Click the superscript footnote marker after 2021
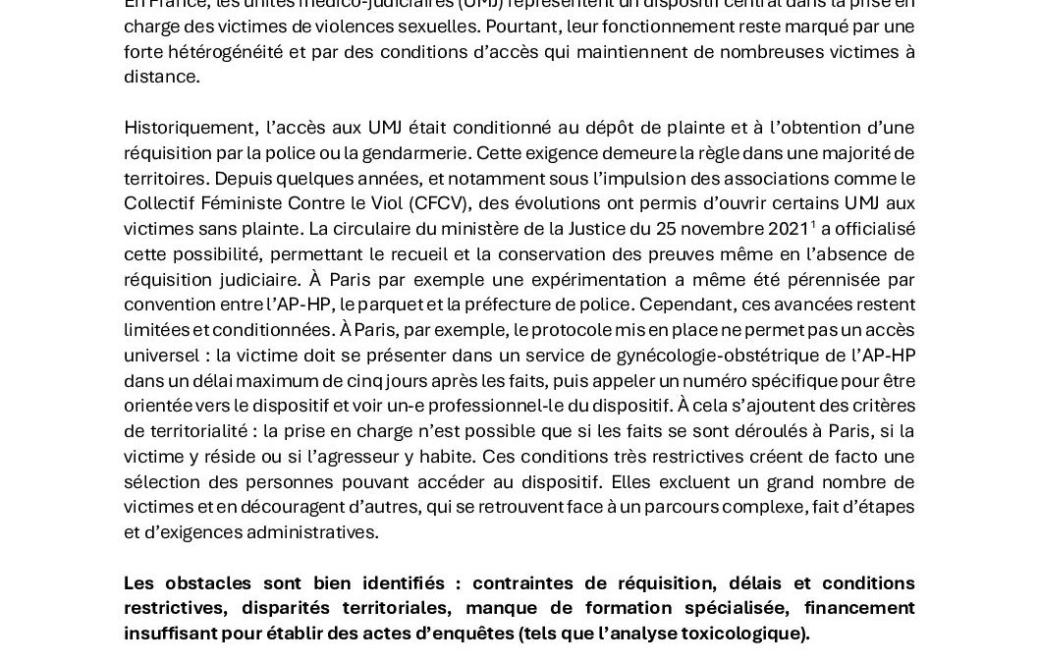click(813, 225)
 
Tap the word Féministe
click(240, 203)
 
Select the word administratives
click(314, 532)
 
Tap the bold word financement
click(862, 609)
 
